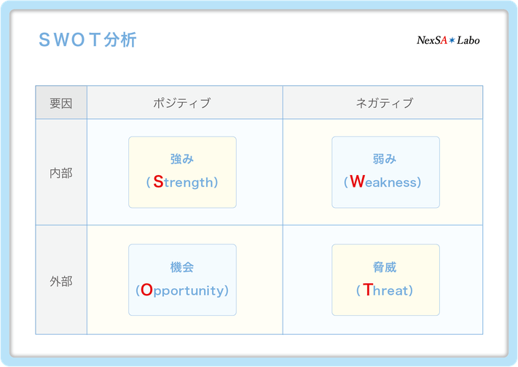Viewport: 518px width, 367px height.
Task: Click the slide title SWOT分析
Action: point(87,40)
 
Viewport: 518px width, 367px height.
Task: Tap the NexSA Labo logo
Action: point(448,40)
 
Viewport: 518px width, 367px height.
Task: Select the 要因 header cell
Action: point(61,104)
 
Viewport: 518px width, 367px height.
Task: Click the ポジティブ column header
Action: point(181,103)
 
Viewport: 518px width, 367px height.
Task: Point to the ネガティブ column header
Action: point(385,103)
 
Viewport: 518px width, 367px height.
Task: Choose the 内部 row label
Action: point(61,173)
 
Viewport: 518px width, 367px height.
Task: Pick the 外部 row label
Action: point(61,282)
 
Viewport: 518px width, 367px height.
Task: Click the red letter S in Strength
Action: point(158,182)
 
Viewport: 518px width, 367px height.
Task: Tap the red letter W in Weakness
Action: point(357,182)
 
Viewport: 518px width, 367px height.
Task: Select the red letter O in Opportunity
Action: point(146,290)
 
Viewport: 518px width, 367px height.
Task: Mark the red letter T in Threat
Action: point(368,290)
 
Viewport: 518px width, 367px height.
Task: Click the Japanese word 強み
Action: point(182,159)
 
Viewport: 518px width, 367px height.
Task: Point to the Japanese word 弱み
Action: point(385,159)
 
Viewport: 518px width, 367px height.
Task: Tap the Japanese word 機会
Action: point(182,267)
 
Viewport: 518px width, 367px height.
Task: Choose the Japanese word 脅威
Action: point(385,267)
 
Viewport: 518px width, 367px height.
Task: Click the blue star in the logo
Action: point(452,41)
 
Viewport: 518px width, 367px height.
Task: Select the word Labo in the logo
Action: point(468,40)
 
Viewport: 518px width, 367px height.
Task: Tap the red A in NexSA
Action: point(444,40)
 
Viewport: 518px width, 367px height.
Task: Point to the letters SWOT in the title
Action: point(70,40)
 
